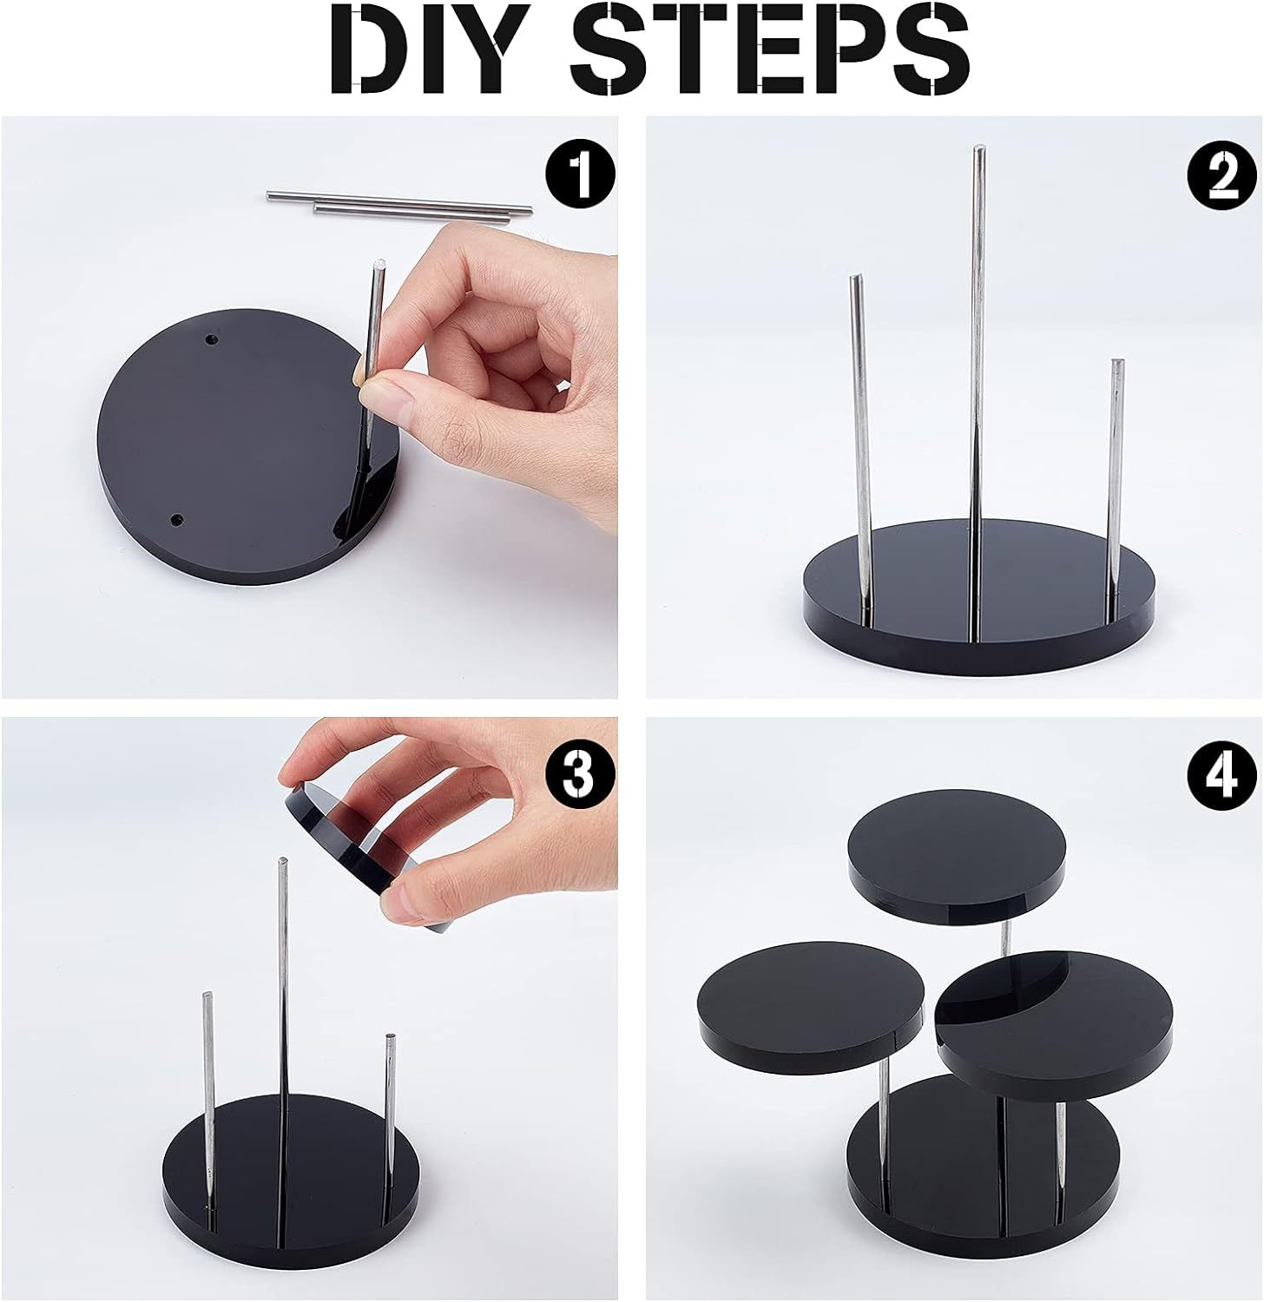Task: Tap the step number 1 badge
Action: click(580, 174)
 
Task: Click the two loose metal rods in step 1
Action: click(399, 203)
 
